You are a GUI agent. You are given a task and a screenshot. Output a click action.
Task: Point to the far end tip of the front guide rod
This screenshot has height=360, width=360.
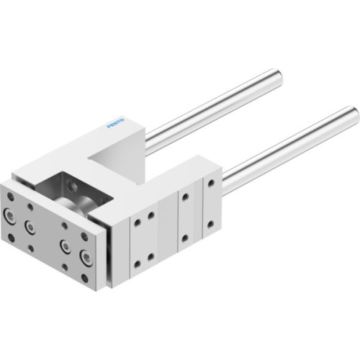pyautogui.click(x=352, y=113)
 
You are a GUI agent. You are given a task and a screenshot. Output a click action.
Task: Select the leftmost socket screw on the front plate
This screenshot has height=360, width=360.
pyautogui.click(x=11, y=214)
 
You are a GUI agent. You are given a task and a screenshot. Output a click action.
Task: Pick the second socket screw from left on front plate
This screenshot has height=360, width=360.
pyautogui.click(x=31, y=227)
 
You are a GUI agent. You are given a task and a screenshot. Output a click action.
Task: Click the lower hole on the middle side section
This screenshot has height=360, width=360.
pyautogui.click(x=186, y=237)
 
